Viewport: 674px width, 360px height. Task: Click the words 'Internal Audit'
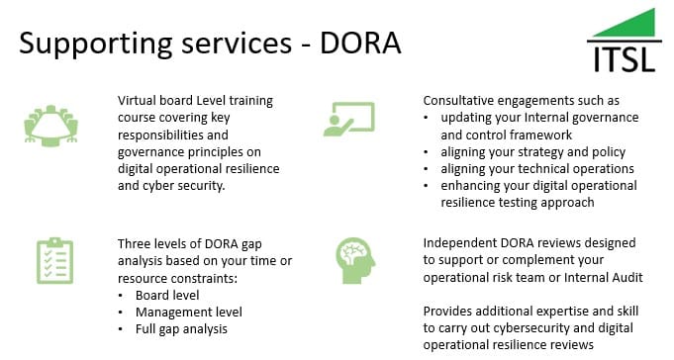pyautogui.click(x=605, y=277)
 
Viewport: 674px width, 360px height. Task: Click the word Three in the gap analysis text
pyautogui.click(x=136, y=243)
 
